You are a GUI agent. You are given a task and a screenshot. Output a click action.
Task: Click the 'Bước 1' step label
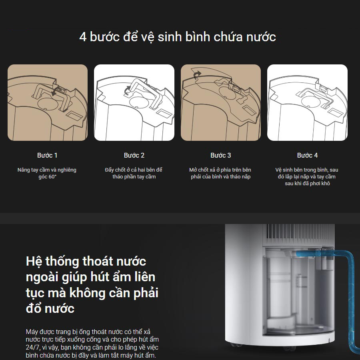pos(47,156)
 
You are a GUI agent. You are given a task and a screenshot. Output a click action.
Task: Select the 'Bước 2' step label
pos(134,156)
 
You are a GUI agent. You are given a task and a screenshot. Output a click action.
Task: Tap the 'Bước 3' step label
pos(221,156)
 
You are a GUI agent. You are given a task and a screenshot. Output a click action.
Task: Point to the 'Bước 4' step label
pos(308,156)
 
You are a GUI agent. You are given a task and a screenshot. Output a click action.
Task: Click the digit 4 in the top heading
pos(83,37)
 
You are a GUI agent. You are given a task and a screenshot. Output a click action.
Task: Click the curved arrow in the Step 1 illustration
pos(55,92)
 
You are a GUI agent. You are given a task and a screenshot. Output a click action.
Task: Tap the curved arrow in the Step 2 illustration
pos(127,90)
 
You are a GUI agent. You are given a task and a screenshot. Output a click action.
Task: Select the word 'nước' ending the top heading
pos(261,37)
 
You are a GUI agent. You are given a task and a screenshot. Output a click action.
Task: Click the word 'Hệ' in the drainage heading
pos(32,261)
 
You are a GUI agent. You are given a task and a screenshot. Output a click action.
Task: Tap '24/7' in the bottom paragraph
pos(32,347)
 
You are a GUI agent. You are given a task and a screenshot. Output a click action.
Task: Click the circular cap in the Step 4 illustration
pos(310,102)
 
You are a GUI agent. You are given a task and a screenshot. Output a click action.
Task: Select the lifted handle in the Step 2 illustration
pos(145,92)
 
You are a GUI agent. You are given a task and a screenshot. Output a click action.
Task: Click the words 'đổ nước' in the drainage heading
pos(50,308)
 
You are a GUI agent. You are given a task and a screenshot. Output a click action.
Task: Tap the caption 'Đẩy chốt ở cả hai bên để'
pos(134,170)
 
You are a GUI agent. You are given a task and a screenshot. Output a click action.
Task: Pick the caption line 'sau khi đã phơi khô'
pos(308,184)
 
